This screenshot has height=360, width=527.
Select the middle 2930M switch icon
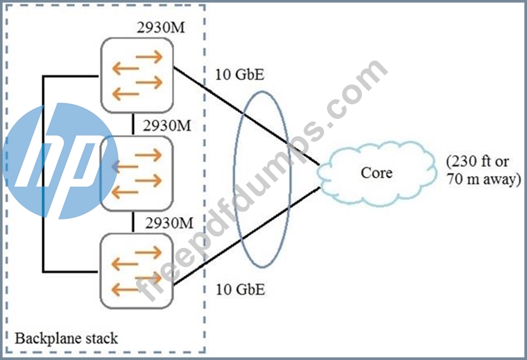click(137, 173)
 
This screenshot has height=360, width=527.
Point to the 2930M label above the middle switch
click(168, 125)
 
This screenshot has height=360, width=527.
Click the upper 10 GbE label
click(240, 76)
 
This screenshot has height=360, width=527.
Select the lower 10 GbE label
click(240, 290)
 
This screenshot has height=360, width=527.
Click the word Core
click(376, 171)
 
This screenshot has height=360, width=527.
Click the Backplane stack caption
click(66, 338)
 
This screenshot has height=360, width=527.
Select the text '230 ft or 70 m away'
click(483, 170)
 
